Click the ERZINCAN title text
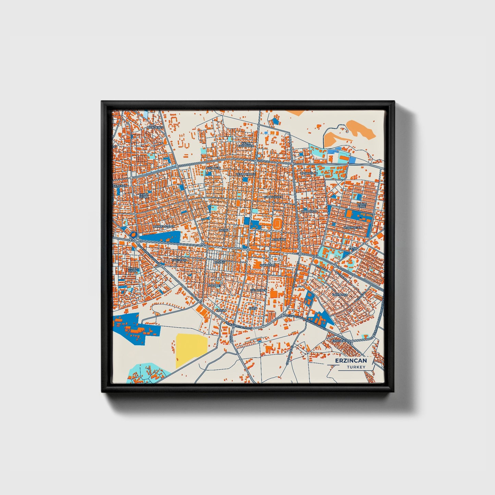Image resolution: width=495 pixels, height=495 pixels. pyautogui.click(x=351, y=360)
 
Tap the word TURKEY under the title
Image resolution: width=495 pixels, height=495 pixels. pyautogui.click(x=356, y=367)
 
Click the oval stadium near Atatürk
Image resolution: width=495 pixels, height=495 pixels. pyautogui.click(x=277, y=224)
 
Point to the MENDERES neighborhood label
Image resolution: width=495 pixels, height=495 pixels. pyautogui.click(x=155, y=127)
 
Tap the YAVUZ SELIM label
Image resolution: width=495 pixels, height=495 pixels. pyautogui.click(x=144, y=196)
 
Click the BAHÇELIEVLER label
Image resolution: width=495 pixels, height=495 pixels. pyautogui.click(x=164, y=226)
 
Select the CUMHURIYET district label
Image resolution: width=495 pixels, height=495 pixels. pyautogui.click(x=273, y=197)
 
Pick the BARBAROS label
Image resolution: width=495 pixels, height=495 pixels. pyautogui.click(x=309, y=211)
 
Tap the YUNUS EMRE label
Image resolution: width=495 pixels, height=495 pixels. pyautogui.click(x=362, y=205)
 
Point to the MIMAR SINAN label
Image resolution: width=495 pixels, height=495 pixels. pyautogui.click(x=133, y=270)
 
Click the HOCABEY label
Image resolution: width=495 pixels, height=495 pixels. pyautogui.click(x=214, y=285)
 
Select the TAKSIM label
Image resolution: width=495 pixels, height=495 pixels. pyautogui.click(x=221, y=310)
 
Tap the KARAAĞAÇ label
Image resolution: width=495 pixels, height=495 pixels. pyautogui.click(x=268, y=265)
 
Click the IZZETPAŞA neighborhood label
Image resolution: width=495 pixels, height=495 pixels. pyautogui.click(x=340, y=295)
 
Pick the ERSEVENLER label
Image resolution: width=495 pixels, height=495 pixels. pyautogui.click(x=342, y=341)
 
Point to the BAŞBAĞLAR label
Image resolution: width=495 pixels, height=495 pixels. pyautogui.click(x=309, y=173)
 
